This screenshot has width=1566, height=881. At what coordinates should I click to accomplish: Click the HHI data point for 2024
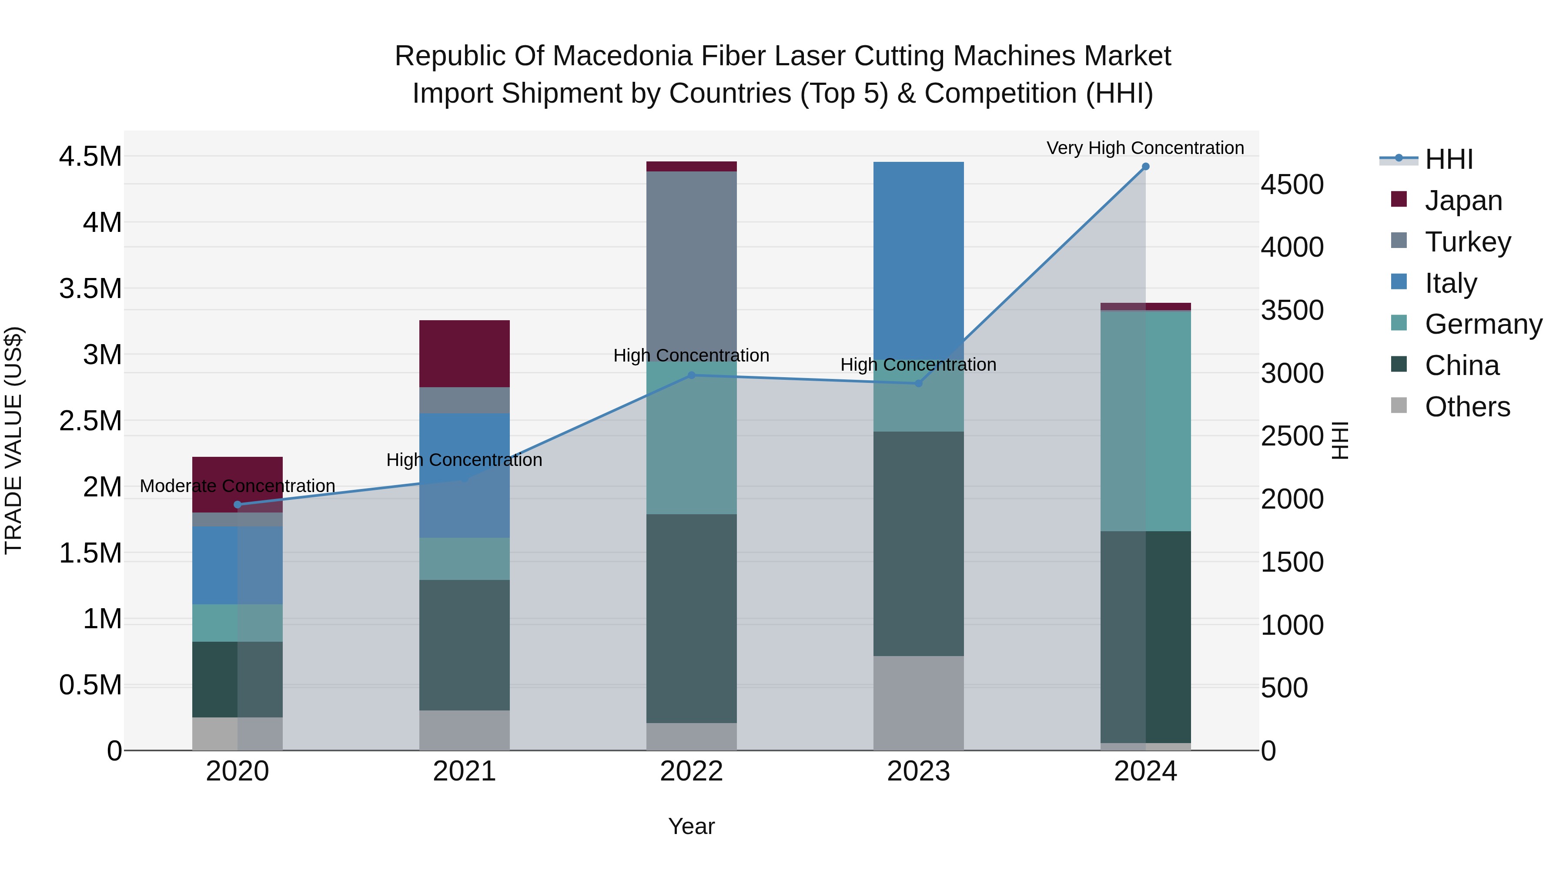tap(1145, 167)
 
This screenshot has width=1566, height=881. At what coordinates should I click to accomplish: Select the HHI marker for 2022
tap(691, 375)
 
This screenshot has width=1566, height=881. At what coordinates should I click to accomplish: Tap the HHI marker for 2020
tap(238, 505)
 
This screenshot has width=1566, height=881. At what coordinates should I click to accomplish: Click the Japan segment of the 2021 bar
tap(465, 353)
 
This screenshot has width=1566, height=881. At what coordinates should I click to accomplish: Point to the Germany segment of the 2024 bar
tap(1145, 421)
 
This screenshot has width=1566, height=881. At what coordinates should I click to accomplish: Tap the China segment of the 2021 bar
tap(465, 644)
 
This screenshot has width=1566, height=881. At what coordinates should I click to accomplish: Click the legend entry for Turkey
tap(1467, 242)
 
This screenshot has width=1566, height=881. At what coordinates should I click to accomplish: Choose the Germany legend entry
tap(1483, 324)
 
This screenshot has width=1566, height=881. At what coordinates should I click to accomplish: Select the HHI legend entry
tap(1448, 159)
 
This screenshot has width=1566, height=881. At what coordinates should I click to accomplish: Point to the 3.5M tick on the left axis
tap(90, 289)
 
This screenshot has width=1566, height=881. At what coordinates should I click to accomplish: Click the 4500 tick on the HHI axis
tap(1292, 185)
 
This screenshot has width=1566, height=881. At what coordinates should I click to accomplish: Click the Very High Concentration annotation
tap(1145, 148)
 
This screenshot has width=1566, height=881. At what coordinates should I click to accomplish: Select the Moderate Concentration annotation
tap(238, 486)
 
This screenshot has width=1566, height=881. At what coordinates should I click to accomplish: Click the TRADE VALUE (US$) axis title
tap(14, 440)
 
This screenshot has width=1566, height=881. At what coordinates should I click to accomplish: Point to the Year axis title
tap(691, 826)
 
